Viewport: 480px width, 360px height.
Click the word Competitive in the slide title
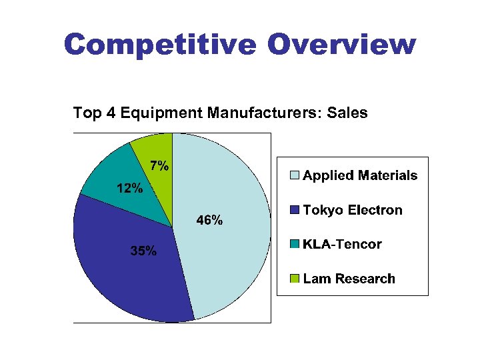160,45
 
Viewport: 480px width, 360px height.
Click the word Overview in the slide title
342,45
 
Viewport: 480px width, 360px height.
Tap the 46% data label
209,221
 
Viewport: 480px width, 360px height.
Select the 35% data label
143,251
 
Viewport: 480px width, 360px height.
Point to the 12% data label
129,188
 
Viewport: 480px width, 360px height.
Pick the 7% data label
159,166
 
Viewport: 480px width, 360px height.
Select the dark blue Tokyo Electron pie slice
127,280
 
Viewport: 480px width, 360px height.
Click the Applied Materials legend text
360,175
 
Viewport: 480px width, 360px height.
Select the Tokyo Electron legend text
353,210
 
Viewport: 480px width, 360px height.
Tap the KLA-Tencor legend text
342,244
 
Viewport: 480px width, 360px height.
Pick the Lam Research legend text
349,279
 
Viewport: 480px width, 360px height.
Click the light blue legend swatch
294,176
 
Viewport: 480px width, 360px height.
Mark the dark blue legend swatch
294,211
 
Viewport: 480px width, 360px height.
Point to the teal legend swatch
294,245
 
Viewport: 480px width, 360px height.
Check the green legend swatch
294,279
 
